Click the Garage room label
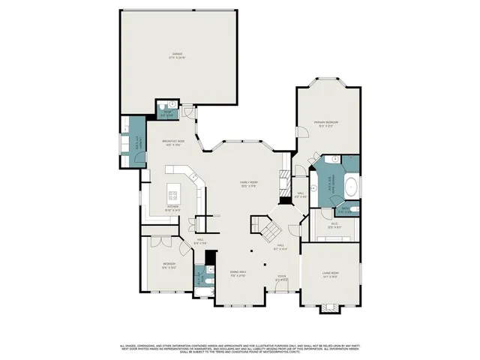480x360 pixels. coord(177,54)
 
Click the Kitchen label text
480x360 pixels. coord(172,209)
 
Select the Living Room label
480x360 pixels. coord(330,274)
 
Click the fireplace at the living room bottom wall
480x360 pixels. coord(328,308)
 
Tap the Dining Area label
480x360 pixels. coord(238,275)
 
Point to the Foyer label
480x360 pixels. coord(281,277)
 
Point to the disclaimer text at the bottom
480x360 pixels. coord(240,349)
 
